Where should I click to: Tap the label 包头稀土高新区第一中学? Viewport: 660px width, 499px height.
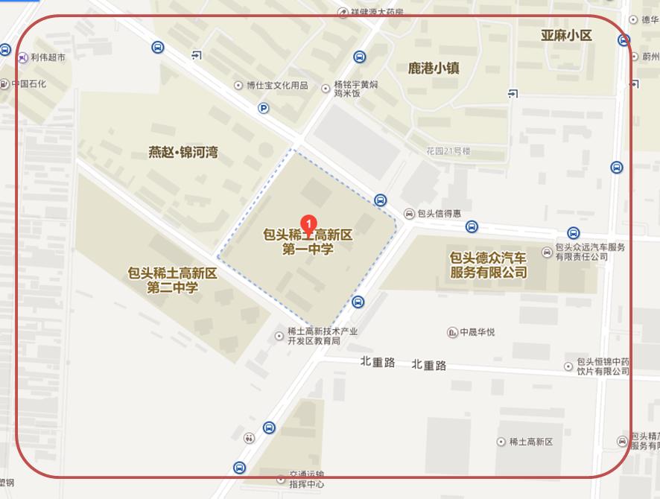[308, 242]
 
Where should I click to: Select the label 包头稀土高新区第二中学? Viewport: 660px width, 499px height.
[173, 280]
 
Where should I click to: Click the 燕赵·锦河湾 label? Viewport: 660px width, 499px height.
[183, 153]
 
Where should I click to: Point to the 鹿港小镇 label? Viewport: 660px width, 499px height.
[434, 68]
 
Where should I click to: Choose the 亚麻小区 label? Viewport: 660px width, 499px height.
[566, 36]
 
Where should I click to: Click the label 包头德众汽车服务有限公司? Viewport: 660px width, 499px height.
[488, 264]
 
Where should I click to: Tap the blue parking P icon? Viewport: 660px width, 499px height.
[264, 109]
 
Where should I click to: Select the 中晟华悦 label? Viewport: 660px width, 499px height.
[477, 332]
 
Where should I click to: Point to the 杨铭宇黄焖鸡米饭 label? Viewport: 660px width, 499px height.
[356, 89]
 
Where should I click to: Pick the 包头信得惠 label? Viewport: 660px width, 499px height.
[440, 214]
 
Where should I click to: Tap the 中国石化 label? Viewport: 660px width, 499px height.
[29, 83]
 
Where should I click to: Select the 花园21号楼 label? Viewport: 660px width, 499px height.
[448, 151]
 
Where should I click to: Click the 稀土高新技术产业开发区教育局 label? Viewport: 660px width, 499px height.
[323, 336]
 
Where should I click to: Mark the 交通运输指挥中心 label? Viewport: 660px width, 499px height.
[306, 479]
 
